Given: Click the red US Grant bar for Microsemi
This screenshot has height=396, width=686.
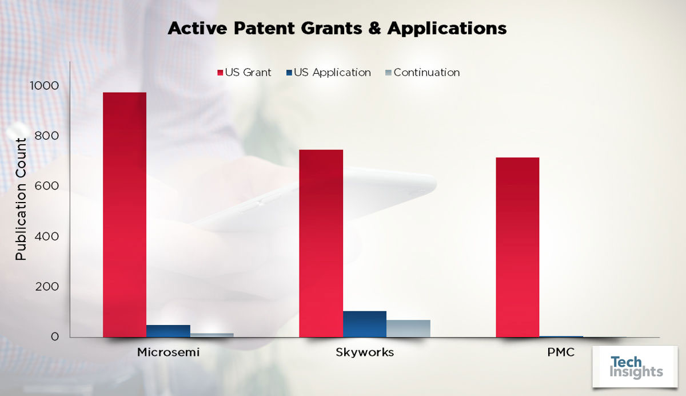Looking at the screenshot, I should point(124,215).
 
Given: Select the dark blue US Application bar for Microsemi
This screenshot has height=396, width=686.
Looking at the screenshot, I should point(168,331).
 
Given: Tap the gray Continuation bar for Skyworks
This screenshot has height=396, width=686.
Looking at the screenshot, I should point(408,328).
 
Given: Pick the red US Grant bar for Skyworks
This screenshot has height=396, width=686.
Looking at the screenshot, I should point(321,243).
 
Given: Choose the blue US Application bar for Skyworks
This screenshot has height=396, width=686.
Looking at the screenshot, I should point(365,324).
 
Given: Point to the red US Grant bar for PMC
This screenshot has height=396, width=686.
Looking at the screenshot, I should point(517,247).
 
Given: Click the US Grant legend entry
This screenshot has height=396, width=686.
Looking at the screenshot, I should point(244,73).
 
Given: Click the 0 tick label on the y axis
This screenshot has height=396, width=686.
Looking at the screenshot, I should point(55,337).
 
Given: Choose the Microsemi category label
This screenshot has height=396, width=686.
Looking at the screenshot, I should point(168,353).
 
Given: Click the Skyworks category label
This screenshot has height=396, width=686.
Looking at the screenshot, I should point(365,353).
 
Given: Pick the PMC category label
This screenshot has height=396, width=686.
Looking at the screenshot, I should point(561,353).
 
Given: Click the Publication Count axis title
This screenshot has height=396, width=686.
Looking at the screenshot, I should point(21,199).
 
